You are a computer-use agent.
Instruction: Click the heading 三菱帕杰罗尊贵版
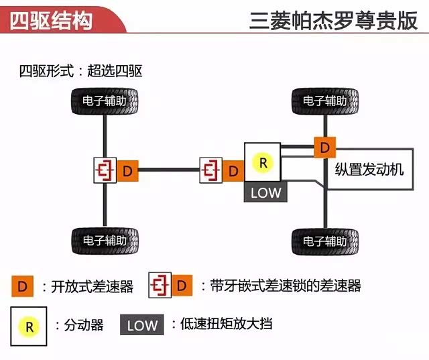332,20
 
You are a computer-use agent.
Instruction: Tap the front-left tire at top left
104,102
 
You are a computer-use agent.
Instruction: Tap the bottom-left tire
104,239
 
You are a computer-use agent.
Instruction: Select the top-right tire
324,101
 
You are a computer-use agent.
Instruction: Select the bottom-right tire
324,239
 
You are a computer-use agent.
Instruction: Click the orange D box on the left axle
127,171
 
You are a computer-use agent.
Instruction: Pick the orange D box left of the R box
233,171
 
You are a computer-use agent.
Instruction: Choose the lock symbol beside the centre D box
210,171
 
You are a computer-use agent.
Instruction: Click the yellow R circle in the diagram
263,162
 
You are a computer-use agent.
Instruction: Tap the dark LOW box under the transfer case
266,192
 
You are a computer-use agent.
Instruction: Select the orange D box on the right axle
324,146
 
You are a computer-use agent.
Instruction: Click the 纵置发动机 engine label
369,169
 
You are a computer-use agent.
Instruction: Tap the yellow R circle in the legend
29,326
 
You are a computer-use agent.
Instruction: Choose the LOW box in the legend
142,326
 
